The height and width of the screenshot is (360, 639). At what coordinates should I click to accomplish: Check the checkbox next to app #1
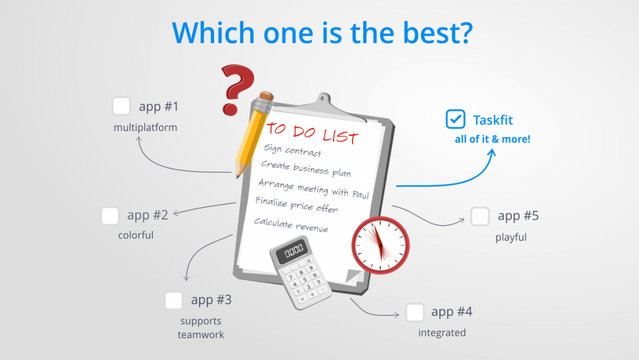(x=121, y=106)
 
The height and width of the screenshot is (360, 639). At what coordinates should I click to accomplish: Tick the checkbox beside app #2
(x=110, y=216)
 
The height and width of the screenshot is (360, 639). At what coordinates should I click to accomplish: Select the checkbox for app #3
(x=173, y=301)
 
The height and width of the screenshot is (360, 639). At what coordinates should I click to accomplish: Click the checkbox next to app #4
(x=415, y=312)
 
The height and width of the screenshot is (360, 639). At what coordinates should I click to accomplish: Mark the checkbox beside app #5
(x=480, y=216)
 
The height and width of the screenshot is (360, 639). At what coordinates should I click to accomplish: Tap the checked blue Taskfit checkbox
(x=456, y=119)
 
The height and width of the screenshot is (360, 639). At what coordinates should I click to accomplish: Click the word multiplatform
(x=145, y=128)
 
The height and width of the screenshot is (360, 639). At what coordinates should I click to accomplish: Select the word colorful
(x=135, y=236)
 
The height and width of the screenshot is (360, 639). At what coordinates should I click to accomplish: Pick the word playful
(x=511, y=237)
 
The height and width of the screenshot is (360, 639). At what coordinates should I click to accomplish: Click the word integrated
(x=442, y=333)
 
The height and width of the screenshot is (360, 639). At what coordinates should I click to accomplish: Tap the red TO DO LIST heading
(x=313, y=133)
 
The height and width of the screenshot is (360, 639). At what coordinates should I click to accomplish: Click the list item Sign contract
(x=292, y=150)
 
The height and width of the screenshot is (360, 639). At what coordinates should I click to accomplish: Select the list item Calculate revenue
(x=291, y=225)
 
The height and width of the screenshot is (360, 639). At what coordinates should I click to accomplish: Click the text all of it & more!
(x=492, y=139)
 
